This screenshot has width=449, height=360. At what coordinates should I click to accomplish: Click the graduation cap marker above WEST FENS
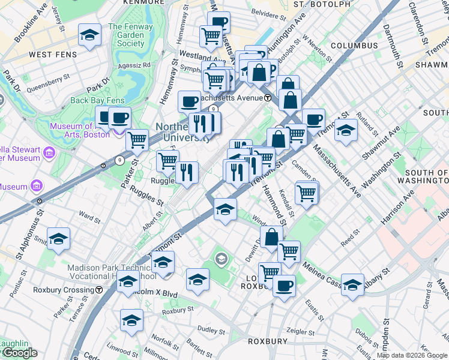89,35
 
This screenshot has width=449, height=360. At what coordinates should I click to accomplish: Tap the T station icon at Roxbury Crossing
98,289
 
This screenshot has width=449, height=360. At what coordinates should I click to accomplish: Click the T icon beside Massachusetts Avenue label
267,98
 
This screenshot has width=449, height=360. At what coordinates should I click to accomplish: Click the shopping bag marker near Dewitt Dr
271,236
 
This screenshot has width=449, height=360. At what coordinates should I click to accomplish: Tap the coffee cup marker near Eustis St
284,284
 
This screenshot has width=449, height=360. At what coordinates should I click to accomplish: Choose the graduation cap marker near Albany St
353,284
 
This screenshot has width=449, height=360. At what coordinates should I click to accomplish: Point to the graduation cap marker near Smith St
59,239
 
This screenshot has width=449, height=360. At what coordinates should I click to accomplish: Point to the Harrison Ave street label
397,206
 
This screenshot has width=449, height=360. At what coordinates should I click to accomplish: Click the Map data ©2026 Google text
412,355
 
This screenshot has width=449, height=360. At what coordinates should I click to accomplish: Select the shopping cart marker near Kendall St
306,193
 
